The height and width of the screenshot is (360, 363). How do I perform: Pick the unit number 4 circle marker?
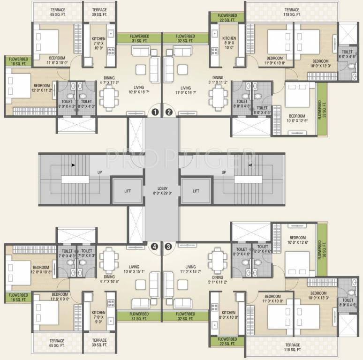coord(154,245)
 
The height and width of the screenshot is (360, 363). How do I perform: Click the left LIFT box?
coord(128,191)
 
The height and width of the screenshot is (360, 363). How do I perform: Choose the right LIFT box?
coord(196,191)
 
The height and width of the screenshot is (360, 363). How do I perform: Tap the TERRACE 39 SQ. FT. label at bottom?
coord(99,343)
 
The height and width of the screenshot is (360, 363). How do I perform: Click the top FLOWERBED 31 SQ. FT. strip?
coord(139,38)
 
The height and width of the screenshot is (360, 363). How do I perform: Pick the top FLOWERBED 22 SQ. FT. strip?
coord(227,17)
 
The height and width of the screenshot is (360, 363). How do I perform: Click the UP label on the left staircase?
coord(100,172)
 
